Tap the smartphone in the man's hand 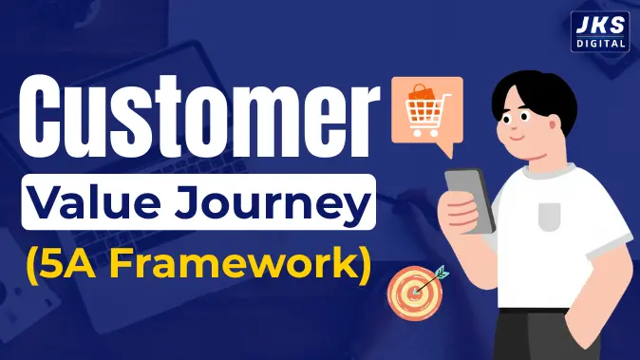[x=471, y=199]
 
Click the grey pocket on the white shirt [x=550, y=216]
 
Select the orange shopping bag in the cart [x=420, y=96]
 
